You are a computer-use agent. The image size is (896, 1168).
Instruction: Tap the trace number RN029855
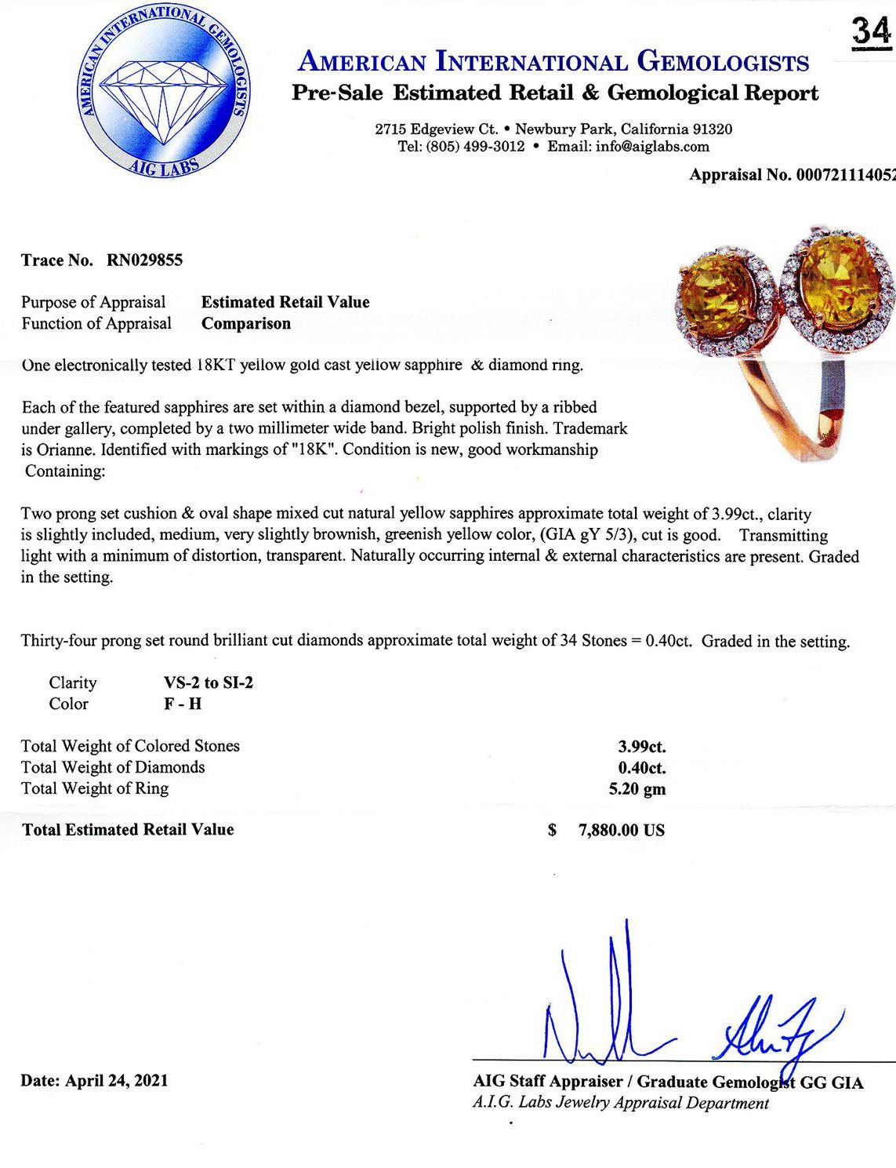(144, 260)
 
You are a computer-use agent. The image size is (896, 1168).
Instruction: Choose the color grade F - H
(183, 704)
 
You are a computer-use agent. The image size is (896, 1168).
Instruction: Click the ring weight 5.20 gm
(637, 789)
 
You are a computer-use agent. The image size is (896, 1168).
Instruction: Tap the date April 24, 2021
(117, 1080)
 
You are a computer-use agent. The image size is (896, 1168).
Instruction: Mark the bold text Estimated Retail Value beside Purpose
(285, 302)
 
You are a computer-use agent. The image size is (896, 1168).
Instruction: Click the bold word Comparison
(246, 323)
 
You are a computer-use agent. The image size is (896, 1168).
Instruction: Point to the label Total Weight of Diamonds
(113, 767)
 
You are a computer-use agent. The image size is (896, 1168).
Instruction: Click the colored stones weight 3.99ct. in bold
(641, 747)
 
